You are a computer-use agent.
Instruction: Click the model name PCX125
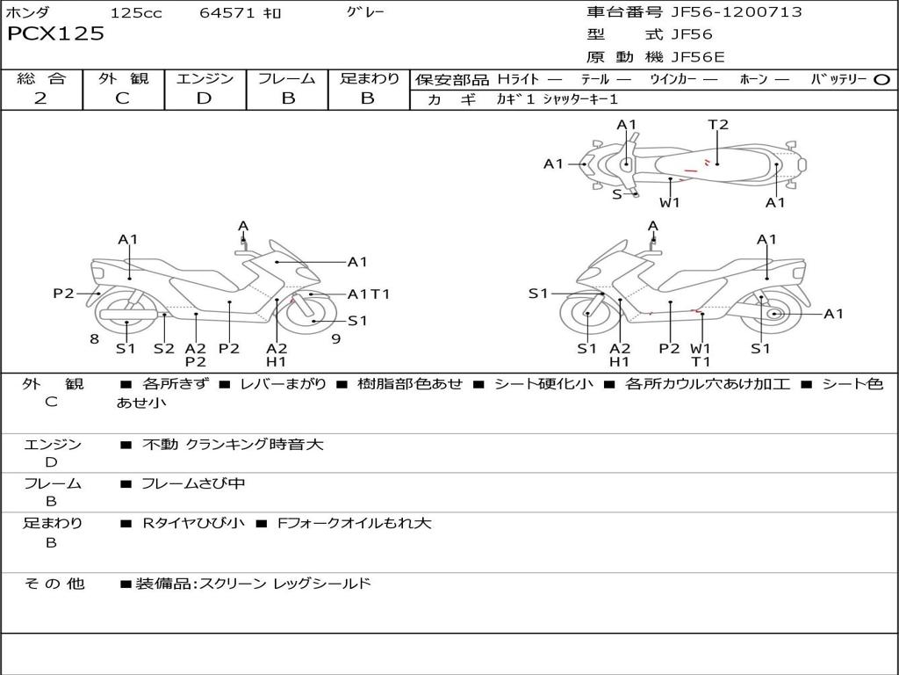click(55, 34)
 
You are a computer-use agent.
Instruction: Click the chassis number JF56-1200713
click(724, 12)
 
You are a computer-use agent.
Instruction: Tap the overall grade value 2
click(40, 98)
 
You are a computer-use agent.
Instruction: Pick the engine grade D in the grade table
click(204, 98)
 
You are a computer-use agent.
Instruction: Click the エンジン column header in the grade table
click(205, 79)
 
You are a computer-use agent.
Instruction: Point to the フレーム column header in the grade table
click(287, 79)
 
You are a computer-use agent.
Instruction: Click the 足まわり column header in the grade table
click(369, 79)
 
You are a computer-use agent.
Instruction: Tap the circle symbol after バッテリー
click(881, 80)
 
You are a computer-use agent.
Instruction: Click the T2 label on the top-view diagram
click(718, 125)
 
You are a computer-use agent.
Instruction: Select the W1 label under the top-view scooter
click(670, 203)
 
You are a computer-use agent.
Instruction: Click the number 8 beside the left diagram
click(94, 339)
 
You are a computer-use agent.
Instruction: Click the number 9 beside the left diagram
click(335, 339)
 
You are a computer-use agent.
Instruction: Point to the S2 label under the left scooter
click(164, 348)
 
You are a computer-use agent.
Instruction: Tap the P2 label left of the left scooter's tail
click(63, 294)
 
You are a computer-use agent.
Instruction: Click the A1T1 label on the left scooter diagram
click(369, 294)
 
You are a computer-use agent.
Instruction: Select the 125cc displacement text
click(136, 13)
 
